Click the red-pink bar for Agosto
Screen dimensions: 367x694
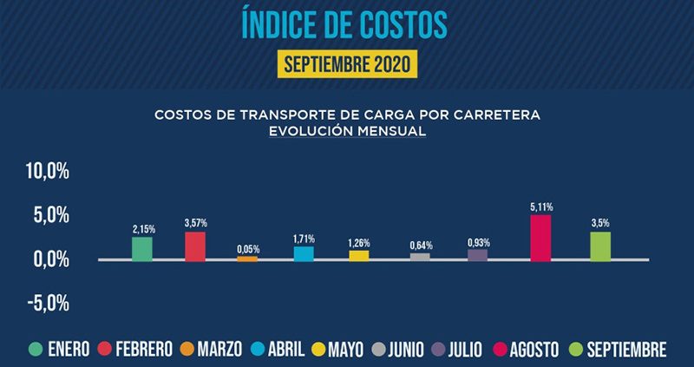(540, 237)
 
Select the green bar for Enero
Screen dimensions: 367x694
(142, 248)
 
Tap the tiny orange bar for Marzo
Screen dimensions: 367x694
(247, 259)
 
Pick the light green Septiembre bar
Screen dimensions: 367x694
(600, 246)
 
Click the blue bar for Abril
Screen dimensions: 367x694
(304, 253)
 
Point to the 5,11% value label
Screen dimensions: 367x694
(540, 206)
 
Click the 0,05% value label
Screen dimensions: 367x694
(248, 249)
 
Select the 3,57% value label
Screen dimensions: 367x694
(196, 224)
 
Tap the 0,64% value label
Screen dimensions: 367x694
(420, 245)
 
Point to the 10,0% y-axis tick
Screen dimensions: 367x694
(48, 171)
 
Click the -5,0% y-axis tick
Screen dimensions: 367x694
(48, 303)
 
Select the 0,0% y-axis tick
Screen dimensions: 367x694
(50, 259)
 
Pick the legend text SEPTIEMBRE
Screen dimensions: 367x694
(625, 350)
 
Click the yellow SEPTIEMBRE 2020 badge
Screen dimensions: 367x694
(348, 64)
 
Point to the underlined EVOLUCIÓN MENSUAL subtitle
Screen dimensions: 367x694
(347, 132)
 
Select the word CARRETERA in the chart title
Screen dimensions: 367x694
(497, 115)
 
